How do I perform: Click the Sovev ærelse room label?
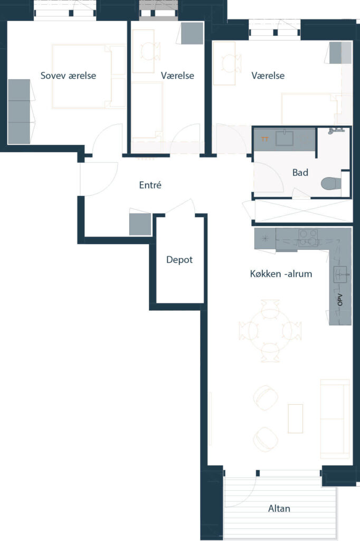pos(68,76)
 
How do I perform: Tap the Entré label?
pos(150,185)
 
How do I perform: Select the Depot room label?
pos(179,260)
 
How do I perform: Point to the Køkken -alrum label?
pos(281,274)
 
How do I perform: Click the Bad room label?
pos(300,173)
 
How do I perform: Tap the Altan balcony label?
pos(279,508)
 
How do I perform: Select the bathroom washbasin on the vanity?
pos(285,138)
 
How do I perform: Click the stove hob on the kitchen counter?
pos(308,238)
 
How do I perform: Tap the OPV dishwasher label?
pos(340,300)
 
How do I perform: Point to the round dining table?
pos(270,331)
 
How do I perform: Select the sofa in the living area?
pos(335,418)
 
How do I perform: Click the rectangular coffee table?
pos(296,418)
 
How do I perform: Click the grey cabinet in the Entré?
pos(140,224)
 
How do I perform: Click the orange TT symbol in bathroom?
pos(265,139)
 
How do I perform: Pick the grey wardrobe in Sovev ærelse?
pos(19,111)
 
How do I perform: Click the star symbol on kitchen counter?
pos(265,238)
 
